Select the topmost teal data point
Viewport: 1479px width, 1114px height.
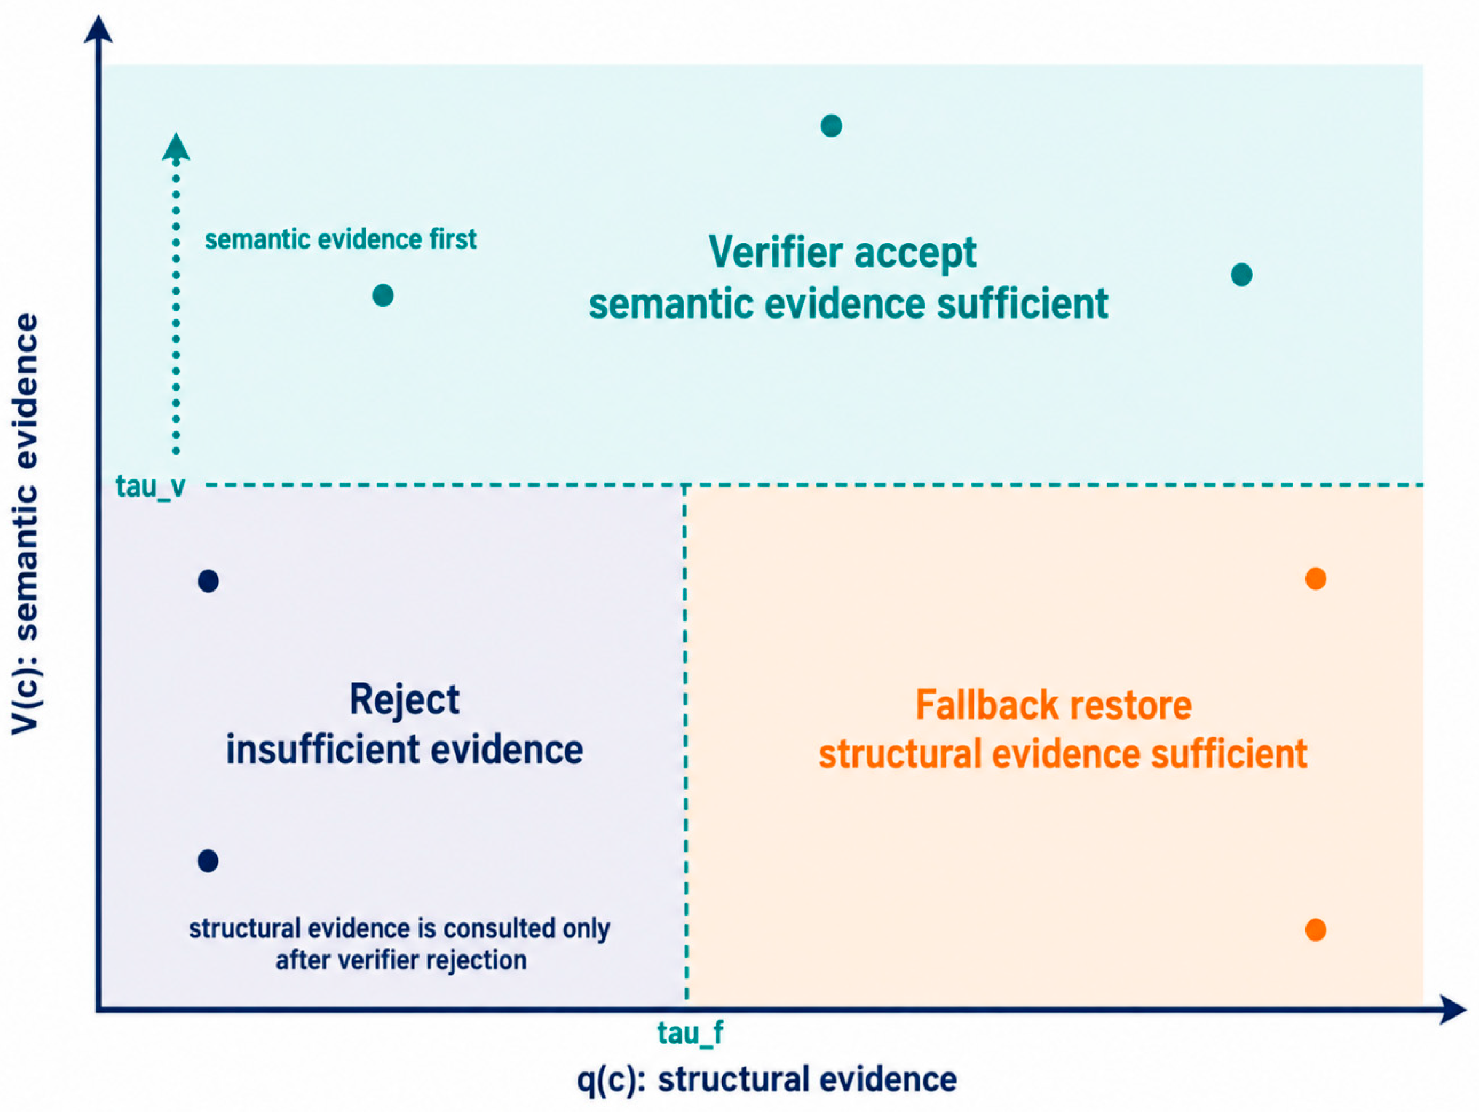coord(831,126)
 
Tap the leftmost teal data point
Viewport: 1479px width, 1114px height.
coord(383,295)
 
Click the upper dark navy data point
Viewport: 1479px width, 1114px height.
coord(209,581)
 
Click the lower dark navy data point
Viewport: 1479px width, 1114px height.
coord(208,861)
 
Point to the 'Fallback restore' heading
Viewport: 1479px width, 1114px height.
coord(1054,705)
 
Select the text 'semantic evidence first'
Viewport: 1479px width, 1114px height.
coord(340,239)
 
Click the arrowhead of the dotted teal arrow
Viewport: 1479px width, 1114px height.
coord(176,147)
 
